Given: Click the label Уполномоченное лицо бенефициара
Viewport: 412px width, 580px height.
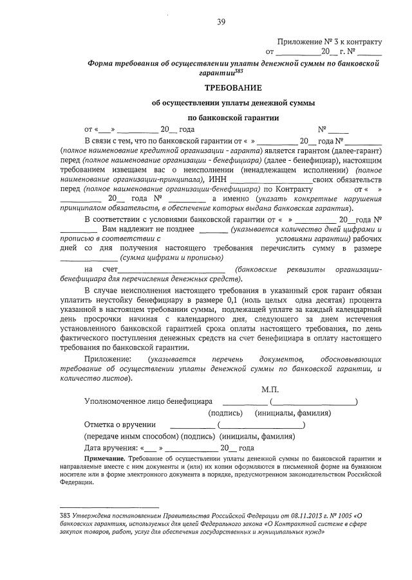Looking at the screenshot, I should (140, 401).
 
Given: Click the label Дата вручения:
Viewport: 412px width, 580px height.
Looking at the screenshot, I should (110, 448).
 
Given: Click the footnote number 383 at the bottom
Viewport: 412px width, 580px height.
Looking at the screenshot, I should (64, 515).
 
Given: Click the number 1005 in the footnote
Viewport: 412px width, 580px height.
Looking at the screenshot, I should (341, 515).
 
